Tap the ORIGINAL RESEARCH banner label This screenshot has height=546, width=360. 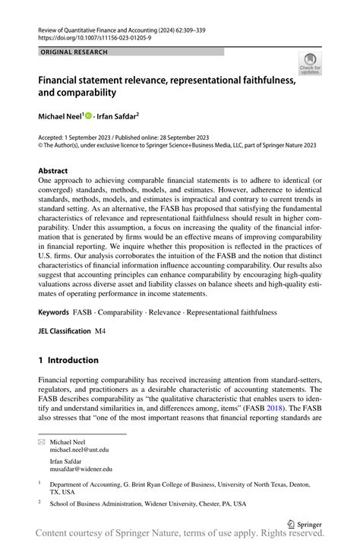tap(74, 52)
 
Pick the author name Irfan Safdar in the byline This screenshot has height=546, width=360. tap(117, 116)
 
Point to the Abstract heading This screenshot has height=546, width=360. tap(53, 171)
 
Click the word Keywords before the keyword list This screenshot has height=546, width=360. tap(54, 312)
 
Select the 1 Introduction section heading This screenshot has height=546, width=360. tap(68, 360)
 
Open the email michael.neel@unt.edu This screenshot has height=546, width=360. tap(80, 450)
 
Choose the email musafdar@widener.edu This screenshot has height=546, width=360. tap(81, 470)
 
